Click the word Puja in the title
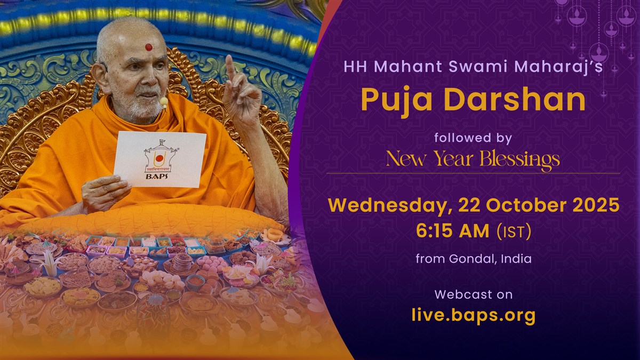pos(396,100)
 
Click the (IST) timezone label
pos(514,231)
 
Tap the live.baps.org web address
pos(474,315)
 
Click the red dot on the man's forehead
pos(149,47)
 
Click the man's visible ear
pos(101,78)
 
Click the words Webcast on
pos(474,294)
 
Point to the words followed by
pos(473,138)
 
